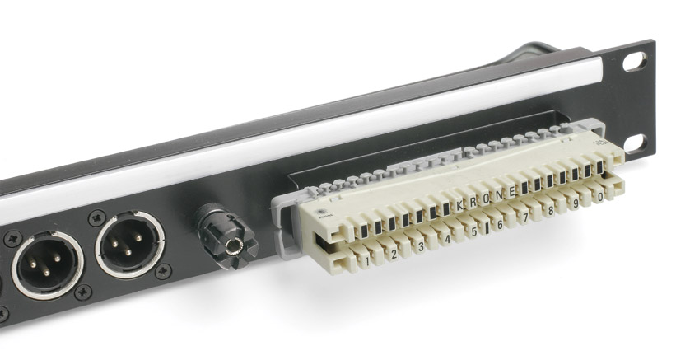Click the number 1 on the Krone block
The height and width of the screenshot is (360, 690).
tap(367, 259)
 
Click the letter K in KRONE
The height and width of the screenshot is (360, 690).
tap(459, 203)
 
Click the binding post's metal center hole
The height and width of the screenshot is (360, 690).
tap(239, 244)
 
